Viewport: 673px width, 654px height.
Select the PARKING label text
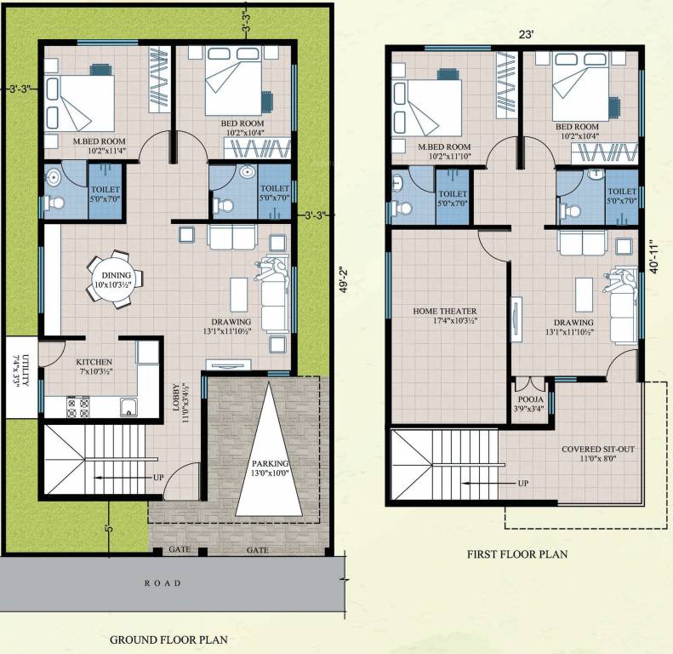click(270, 464)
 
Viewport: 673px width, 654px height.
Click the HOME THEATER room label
click(446, 312)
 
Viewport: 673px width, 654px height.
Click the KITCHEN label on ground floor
click(94, 362)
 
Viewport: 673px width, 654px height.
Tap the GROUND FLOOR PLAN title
click(168, 639)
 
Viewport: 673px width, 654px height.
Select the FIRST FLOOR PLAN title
click(516, 554)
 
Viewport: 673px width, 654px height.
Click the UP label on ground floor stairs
click(158, 477)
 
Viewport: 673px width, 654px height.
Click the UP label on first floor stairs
click(522, 483)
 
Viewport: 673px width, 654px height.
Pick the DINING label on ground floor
click(117, 275)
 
